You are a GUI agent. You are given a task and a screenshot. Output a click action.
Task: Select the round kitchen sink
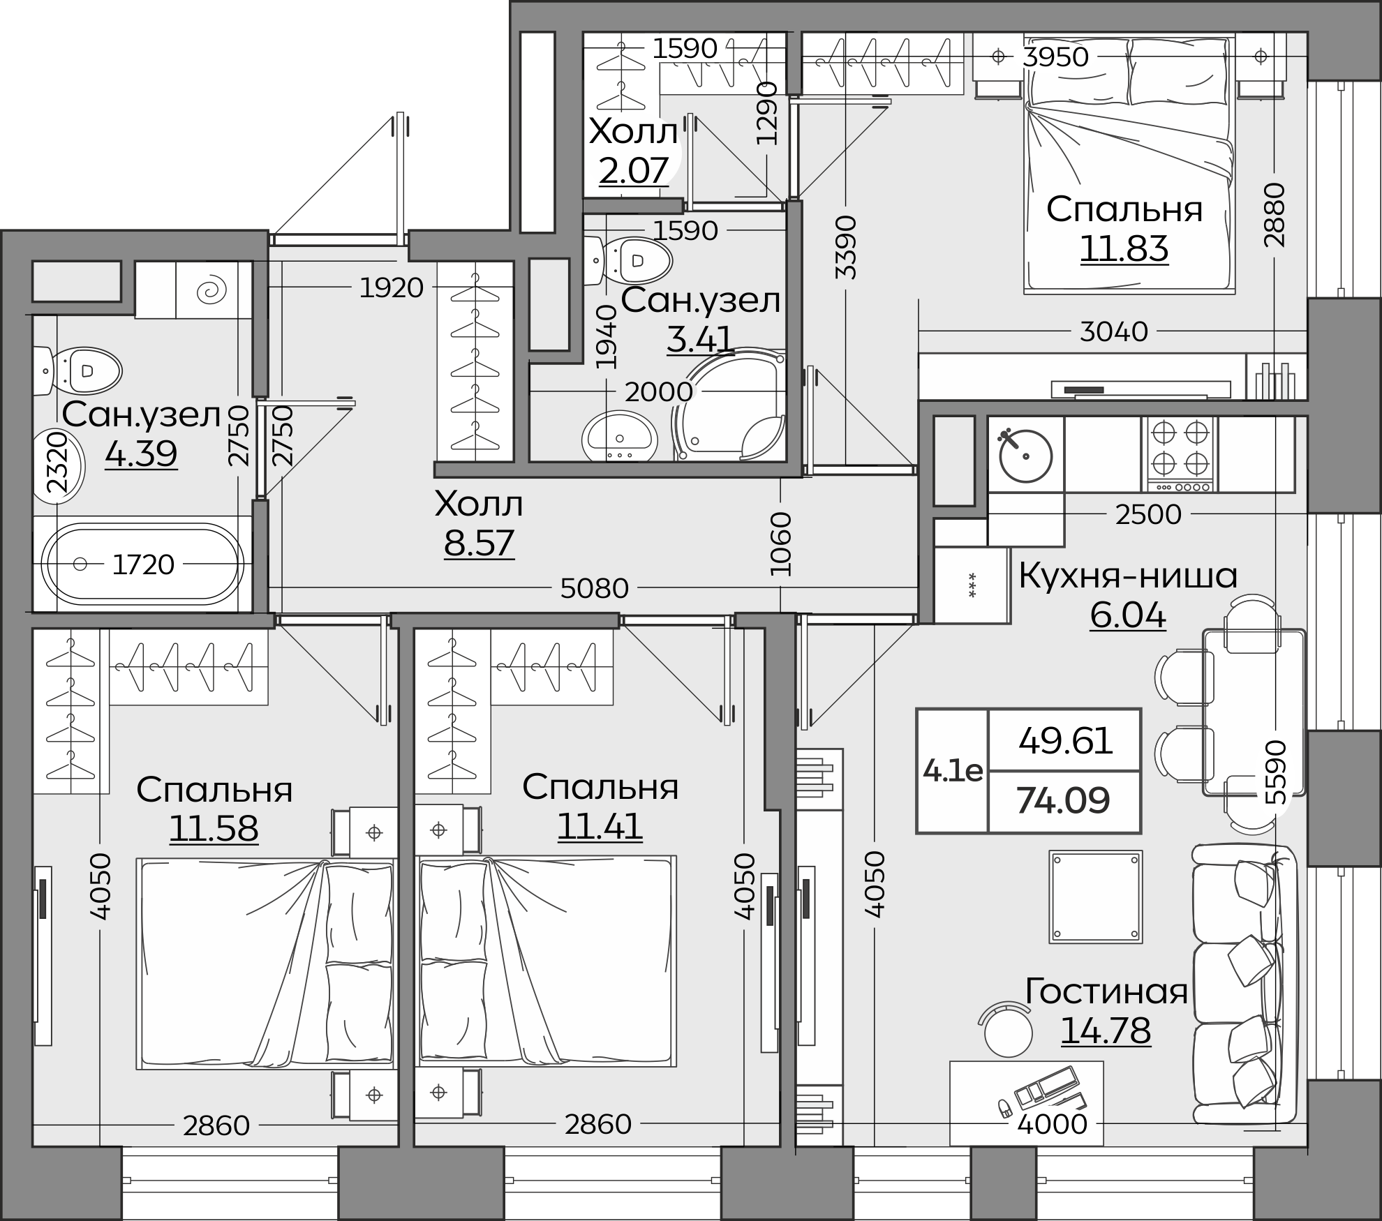coord(1025,456)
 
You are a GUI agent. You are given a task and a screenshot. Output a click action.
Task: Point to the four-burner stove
coord(1180,454)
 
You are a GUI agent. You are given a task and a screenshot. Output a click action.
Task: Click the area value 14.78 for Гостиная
coord(1106,1030)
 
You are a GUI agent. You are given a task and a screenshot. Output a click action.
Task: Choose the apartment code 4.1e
coord(953,771)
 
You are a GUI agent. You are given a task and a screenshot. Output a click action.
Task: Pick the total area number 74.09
coord(1063,800)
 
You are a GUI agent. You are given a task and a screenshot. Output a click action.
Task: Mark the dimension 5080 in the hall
coord(595,589)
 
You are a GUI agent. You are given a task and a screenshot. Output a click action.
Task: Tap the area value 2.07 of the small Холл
coord(634,169)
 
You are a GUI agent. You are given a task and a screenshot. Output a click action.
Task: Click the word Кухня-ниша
coord(1127,576)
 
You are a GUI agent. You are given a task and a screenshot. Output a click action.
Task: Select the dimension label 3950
coord(1055,57)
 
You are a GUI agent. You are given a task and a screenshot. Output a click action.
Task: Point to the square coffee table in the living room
coord(1096,897)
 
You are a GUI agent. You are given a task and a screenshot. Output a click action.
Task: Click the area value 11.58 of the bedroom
coord(214,828)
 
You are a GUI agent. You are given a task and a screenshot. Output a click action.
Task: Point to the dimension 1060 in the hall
coord(781,544)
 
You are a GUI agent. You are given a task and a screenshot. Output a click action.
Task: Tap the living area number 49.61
coord(1066,741)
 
